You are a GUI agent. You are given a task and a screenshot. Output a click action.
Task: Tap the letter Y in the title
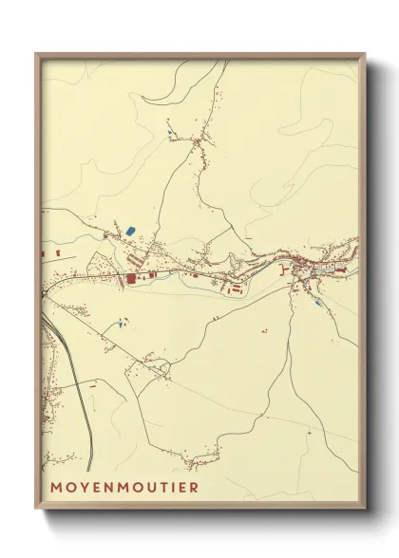pyautogui.click(x=77, y=488)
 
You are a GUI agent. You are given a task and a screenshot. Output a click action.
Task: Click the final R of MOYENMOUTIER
pyautogui.click(x=195, y=488)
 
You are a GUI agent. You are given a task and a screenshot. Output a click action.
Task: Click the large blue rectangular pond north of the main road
pyautogui.click(x=130, y=231)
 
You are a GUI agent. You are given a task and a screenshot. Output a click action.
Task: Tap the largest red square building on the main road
pyautogui.click(x=130, y=279)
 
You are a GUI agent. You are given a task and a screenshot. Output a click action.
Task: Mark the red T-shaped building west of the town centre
pyautogui.click(x=285, y=270)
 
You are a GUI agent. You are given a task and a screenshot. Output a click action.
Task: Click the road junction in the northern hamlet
pyautogui.click(x=197, y=141)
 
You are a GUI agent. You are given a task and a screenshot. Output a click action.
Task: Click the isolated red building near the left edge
pyautogui.click(x=56, y=254)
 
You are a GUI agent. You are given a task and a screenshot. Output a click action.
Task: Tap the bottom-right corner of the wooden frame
pyautogui.click(x=365, y=507)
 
